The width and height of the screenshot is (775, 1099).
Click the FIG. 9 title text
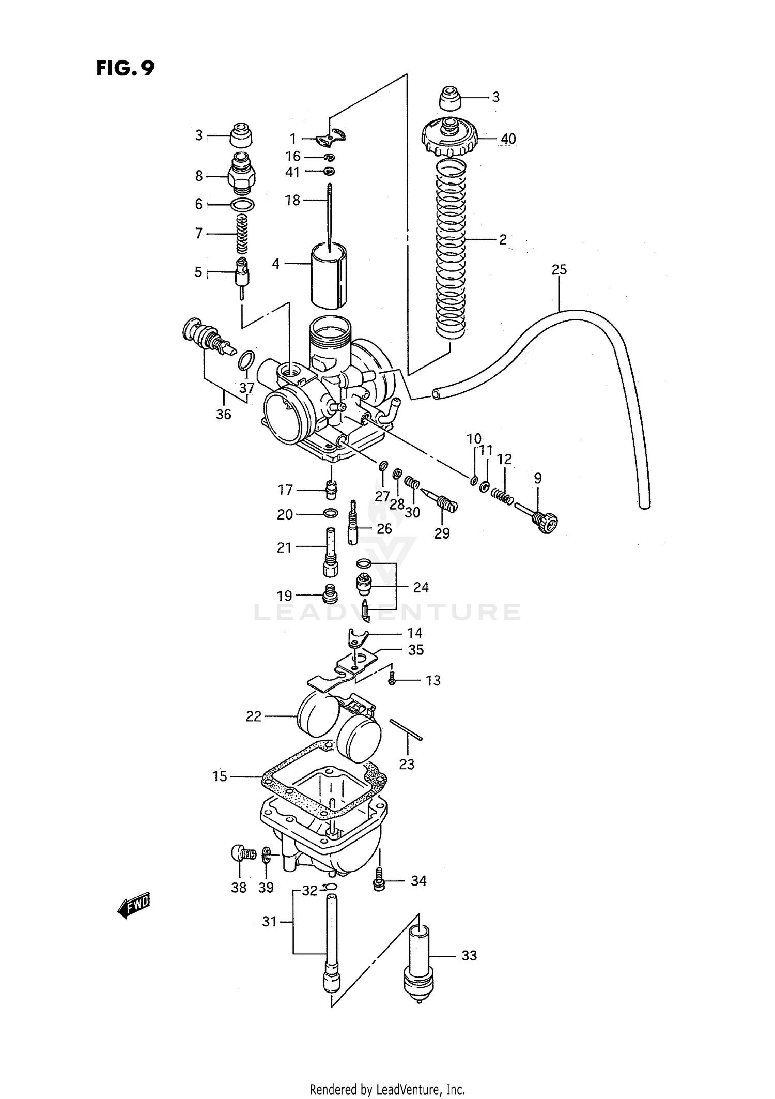125,68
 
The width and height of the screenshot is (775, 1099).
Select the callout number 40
508,139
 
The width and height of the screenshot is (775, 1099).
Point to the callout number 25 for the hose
559,269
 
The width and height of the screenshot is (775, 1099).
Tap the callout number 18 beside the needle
292,200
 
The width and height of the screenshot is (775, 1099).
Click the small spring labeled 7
240,234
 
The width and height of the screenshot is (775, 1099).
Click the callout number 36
223,414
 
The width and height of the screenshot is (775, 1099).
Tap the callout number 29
442,533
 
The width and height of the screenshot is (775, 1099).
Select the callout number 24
421,587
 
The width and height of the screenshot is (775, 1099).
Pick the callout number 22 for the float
254,716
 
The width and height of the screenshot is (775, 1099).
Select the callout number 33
469,955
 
